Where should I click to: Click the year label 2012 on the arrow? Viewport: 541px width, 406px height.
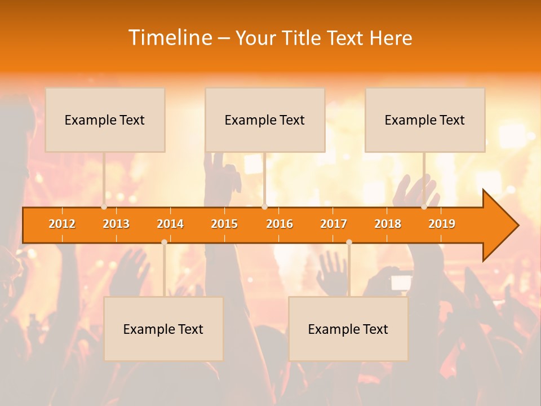click(x=62, y=224)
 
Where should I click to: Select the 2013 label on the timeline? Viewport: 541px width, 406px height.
click(x=116, y=224)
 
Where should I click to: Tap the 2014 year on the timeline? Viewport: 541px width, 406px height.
click(x=170, y=224)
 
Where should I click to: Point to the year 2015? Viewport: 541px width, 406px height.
click(x=224, y=224)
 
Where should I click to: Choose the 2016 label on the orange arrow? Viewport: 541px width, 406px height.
click(x=280, y=224)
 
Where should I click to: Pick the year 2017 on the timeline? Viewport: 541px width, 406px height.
click(x=334, y=224)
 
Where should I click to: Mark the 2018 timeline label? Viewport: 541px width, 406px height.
click(x=388, y=224)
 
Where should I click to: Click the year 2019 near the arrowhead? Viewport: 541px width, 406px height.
click(x=442, y=224)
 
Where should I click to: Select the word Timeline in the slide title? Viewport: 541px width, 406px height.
click(x=170, y=38)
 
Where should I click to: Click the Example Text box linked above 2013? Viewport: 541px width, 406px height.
click(x=105, y=120)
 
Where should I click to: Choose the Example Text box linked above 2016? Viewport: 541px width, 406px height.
click(x=265, y=120)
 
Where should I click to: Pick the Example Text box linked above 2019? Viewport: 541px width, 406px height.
click(x=425, y=120)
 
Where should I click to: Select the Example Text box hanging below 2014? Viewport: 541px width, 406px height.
click(x=163, y=329)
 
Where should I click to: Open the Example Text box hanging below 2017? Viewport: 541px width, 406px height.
click(x=348, y=329)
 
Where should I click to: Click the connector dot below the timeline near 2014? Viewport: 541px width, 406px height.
click(x=164, y=242)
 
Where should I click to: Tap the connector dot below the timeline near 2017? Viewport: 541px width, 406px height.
click(x=349, y=242)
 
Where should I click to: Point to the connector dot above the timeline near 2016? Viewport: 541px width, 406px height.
click(x=264, y=207)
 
